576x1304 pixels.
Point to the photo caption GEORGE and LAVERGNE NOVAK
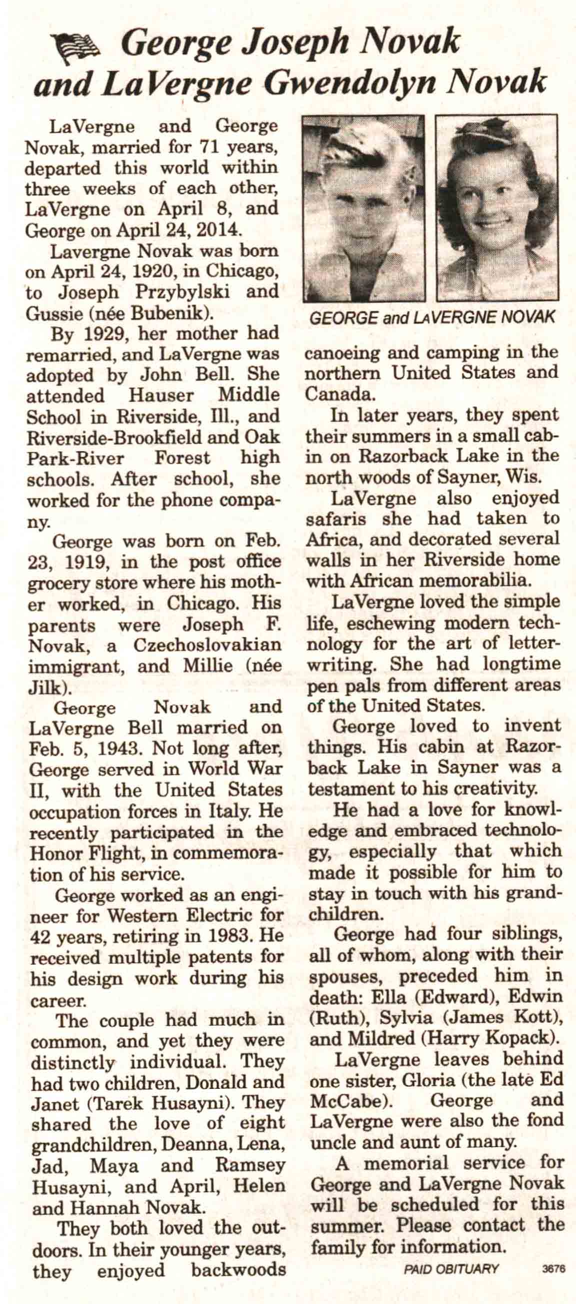click(432, 318)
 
